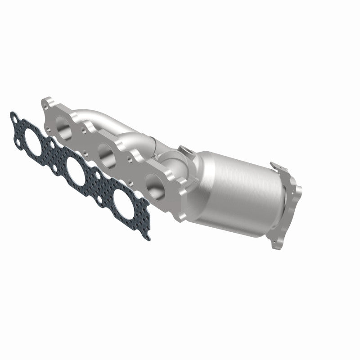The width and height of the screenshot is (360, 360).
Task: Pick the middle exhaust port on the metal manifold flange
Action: pos(106,154)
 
